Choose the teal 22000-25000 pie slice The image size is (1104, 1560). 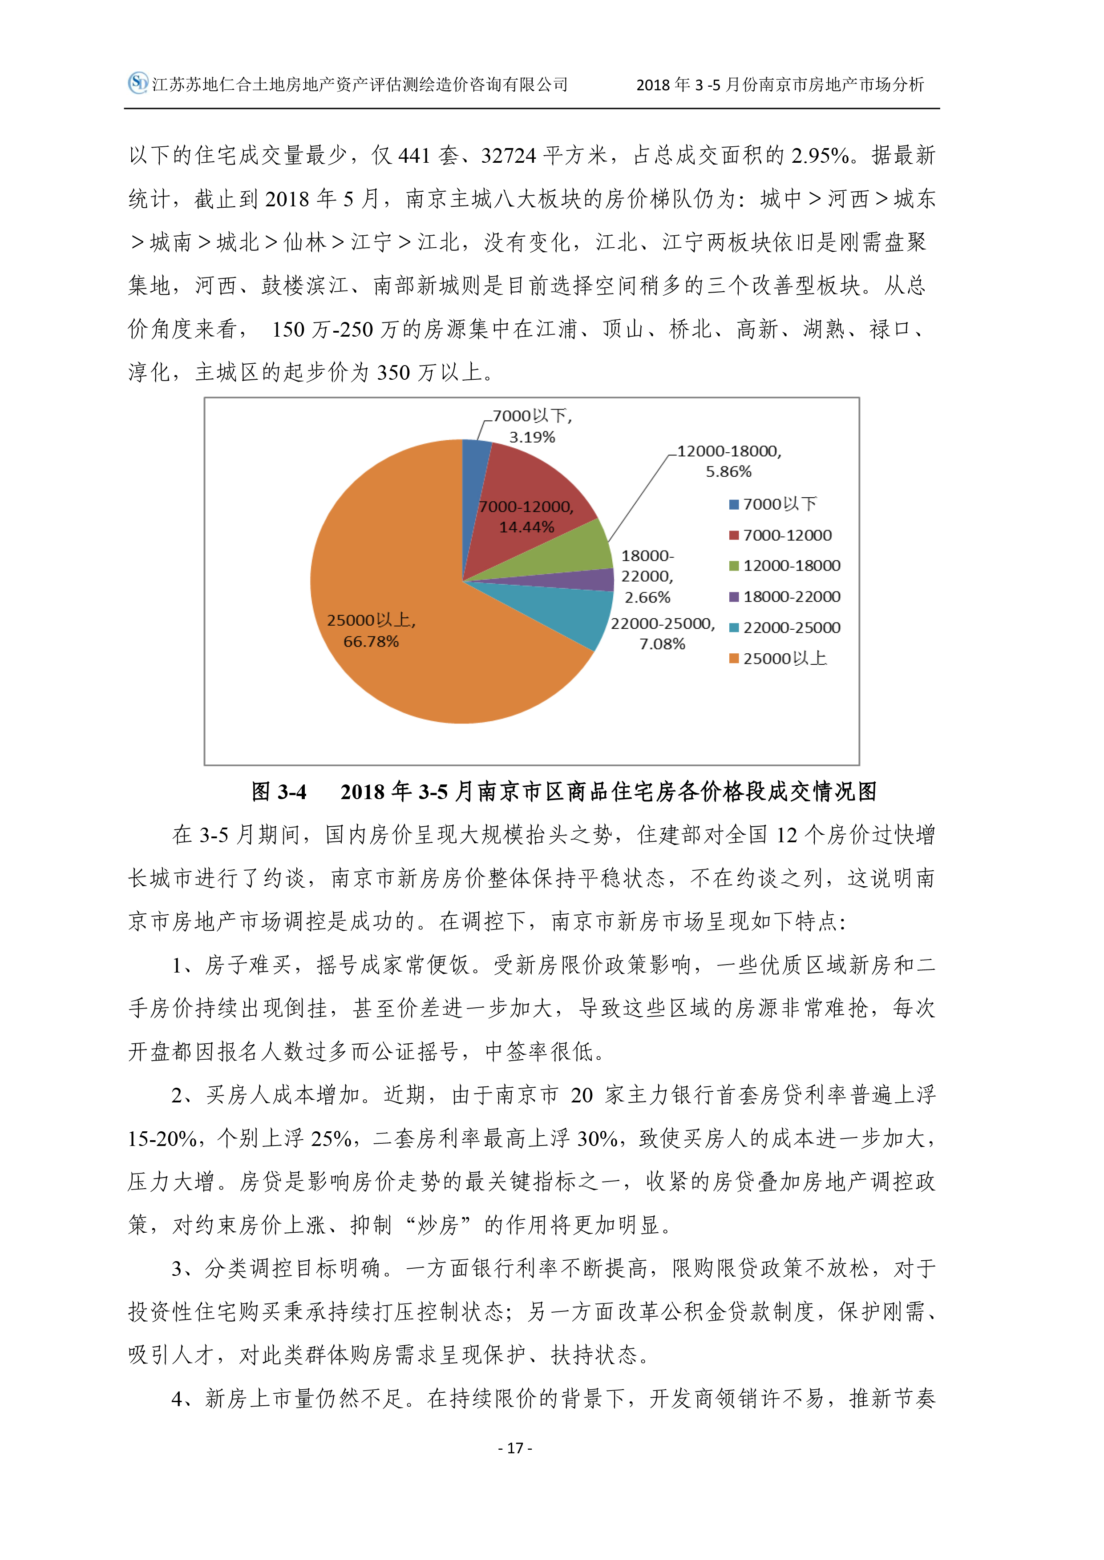click(x=571, y=611)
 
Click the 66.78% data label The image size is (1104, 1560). click(x=371, y=641)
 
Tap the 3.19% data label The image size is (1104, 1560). click(x=532, y=437)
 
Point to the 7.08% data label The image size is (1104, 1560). click(x=662, y=643)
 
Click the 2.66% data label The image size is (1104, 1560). click(x=647, y=597)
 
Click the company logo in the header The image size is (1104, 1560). click(x=138, y=83)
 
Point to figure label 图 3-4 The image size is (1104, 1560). click(x=279, y=792)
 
